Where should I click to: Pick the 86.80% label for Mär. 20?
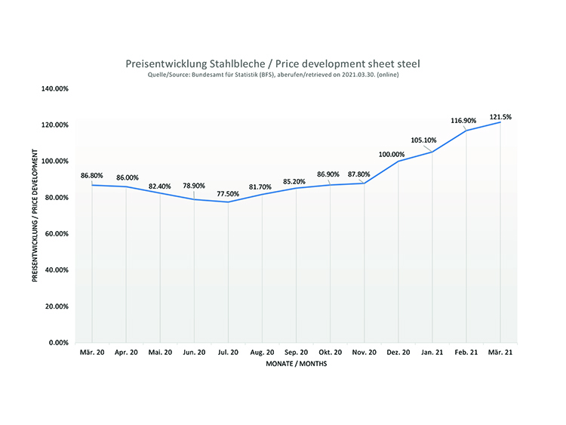(x=93, y=175)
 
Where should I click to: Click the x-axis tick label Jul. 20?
(x=228, y=353)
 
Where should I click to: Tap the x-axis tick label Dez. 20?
(x=398, y=353)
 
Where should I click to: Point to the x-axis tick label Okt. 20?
(x=330, y=353)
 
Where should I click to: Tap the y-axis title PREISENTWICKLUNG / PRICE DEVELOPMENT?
(x=35, y=215)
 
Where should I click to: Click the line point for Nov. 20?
(x=364, y=183)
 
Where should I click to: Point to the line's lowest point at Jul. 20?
(x=228, y=202)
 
